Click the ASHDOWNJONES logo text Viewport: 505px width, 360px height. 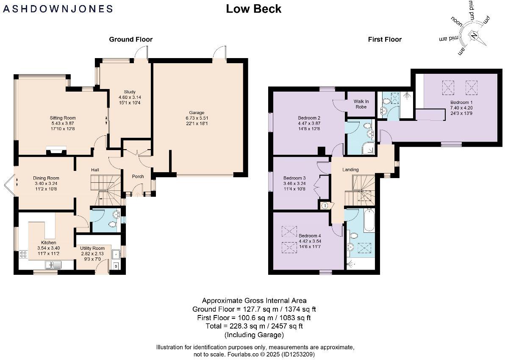[x=58, y=8]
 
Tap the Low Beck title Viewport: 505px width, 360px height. [x=253, y=8]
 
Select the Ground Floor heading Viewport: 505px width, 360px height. [x=130, y=39]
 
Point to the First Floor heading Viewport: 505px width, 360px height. [x=384, y=39]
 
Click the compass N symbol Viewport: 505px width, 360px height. [x=474, y=34]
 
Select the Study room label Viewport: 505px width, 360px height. [x=129, y=92]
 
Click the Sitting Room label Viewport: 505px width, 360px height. [x=63, y=118]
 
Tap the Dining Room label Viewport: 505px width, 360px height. [x=46, y=178]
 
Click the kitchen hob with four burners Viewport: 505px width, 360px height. [x=23, y=255]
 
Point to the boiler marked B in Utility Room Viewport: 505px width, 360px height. [x=117, y=266]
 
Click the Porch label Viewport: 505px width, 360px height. [x=138, y=176]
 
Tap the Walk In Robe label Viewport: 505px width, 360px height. [x=361, y=104]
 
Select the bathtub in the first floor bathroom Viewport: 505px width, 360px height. [x=369, y=220]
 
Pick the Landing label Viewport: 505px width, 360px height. [x=350, y=170]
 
